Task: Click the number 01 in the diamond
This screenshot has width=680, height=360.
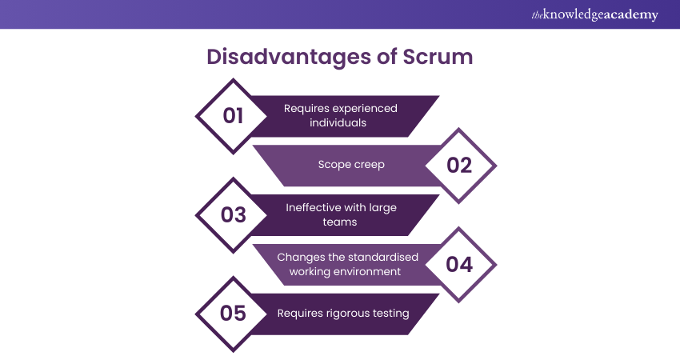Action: click(x=233, y=116)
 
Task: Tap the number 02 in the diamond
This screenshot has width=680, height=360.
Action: click(x=459, y=166)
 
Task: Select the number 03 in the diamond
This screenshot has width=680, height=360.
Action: click(x=233, y=215)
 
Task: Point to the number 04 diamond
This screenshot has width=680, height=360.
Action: click(x=459, y=265)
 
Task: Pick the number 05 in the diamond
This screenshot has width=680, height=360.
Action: click(x=233, y=314)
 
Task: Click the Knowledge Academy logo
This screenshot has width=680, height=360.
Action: click(x=594, y=15)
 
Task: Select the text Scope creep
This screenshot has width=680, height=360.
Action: click(x=352, y=165)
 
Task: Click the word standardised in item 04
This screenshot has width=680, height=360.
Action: click(x=370, y=257)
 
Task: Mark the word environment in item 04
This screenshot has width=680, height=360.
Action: click(x=366, y=271)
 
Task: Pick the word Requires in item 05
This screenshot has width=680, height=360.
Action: click(x=300, y=313)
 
